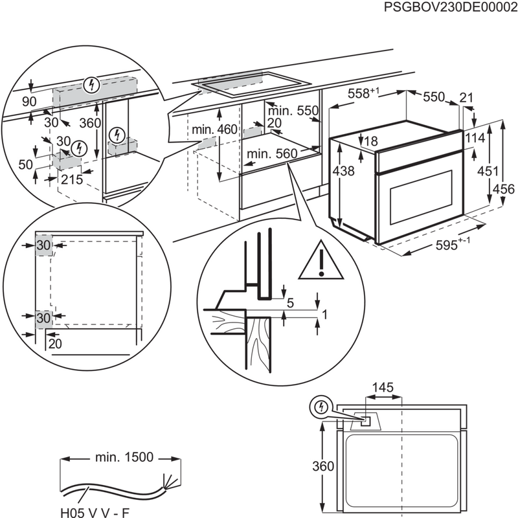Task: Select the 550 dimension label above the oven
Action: [434, 97]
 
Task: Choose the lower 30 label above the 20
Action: [43, 317]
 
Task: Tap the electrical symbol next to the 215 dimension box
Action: [78, 147]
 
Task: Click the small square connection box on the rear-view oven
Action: [366, 421]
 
